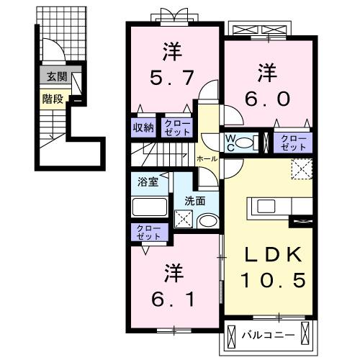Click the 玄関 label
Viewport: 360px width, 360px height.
(x=53, y=76)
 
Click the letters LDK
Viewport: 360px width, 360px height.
(x=269, y=254)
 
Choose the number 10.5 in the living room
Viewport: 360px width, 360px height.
(x=269, y=279)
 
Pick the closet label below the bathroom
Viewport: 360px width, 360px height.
(x=146, y=232)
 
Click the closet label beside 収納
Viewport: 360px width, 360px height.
(x=176, y=127)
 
